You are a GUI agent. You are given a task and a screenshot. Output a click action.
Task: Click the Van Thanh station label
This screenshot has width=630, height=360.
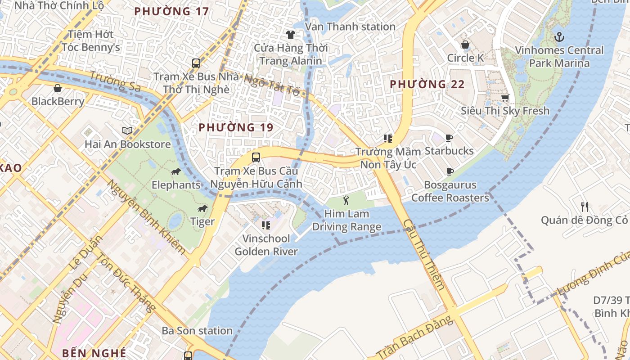pyautogui.click(x=350, y=27)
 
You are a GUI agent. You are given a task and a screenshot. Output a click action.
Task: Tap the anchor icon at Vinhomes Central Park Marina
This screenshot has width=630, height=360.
pyautogui.click(x=559, y=36)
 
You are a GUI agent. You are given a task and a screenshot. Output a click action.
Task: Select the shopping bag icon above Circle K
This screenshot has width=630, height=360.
pyautogui.click(x=465, y=45)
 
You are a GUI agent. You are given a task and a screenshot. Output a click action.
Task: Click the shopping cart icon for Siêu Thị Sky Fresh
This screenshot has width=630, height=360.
pyautogui.click(x=505, y=98)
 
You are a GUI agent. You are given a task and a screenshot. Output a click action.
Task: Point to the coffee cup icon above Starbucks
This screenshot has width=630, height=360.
pyautogui.click(x=449, y=138)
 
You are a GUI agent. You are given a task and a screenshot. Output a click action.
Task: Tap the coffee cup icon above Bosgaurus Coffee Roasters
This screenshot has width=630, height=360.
pyautogui.click(x=450, y=171)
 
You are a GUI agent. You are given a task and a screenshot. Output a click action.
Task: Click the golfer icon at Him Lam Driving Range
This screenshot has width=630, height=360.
pyautogui.click(x=346, y=200)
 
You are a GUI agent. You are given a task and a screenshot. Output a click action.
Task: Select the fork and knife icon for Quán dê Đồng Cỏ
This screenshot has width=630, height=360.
pyautogui.click(x=584, y=207)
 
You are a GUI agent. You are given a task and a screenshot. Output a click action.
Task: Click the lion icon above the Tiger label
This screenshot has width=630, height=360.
pyautogui.click(x=202, y=208)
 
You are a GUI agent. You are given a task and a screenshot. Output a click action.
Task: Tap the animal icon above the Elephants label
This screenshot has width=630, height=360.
pyautogui.click(x=175, y=172)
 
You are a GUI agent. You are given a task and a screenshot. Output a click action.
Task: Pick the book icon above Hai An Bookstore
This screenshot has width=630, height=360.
pyautogui.click(x=127, y=131)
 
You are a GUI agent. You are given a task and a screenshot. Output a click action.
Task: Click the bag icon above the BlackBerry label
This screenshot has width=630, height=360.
pyautogui.click(x=58, y=88)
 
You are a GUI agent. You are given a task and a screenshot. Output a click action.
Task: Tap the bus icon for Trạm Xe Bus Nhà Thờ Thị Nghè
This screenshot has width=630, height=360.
pyautogui.click(x=196, y=63)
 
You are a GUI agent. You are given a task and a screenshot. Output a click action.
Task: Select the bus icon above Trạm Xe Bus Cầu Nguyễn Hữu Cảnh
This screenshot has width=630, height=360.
pyautogui.click(x=256, y=157)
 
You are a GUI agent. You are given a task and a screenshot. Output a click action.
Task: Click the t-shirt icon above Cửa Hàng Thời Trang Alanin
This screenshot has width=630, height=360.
pyautogui.click(x=290, y=34)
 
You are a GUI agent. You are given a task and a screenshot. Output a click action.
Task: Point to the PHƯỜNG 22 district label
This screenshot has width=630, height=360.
pyautogui.click(x=427, y=84)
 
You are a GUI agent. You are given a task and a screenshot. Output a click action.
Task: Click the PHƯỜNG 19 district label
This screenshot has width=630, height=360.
pyautogui.click(x=236, y=127)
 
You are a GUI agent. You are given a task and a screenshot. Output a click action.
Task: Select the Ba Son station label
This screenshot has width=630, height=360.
pyautogui.click(x=197, y=331)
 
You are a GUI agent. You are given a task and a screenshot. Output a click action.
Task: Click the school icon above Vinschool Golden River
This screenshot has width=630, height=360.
pyautogui.click(x=266, y=225)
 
